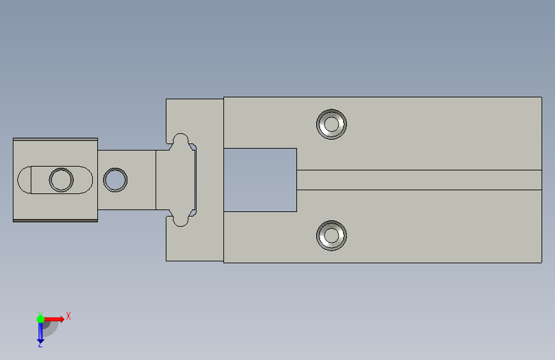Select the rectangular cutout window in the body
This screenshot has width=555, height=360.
260,180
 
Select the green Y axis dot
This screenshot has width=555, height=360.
40,319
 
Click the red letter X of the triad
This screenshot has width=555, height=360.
68,316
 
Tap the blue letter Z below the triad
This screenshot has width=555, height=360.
40,344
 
